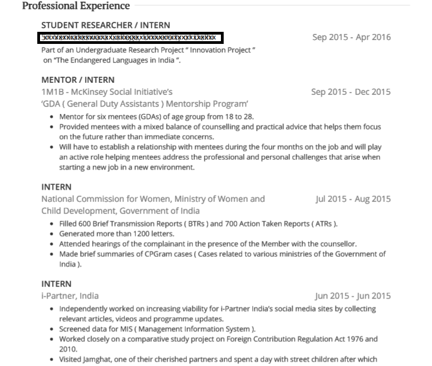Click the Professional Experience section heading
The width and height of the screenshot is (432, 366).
(x=76, y=6)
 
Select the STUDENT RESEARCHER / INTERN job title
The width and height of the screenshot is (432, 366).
(x=106, y=25)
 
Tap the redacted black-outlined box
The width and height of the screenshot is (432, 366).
(x=130, y=38)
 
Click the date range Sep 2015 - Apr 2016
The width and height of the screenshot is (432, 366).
(x=351, y=37)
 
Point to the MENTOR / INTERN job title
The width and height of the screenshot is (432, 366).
(x=78, y=80)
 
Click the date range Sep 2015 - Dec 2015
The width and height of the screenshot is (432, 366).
(x=351, y=92)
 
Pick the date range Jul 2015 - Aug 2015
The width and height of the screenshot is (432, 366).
(x=353, y=199)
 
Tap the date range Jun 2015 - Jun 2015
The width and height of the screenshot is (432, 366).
(x=353, y=296)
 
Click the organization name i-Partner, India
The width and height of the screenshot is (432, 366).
(x=70, y=296)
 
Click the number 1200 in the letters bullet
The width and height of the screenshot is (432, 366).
(x=136, y=234)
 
